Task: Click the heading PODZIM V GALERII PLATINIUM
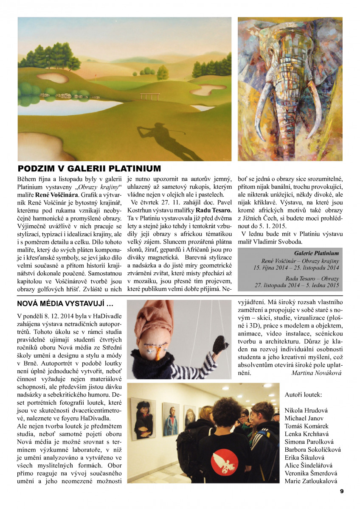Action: (x=89, y=168)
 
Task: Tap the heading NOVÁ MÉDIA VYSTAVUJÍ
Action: (x=65, y=303)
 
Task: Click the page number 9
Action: (x=342, y=491)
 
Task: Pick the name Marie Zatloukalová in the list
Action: (x=311, y=481)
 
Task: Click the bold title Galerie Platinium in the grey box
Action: (x=316, y=253)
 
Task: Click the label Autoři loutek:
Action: (x=303, y=394)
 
